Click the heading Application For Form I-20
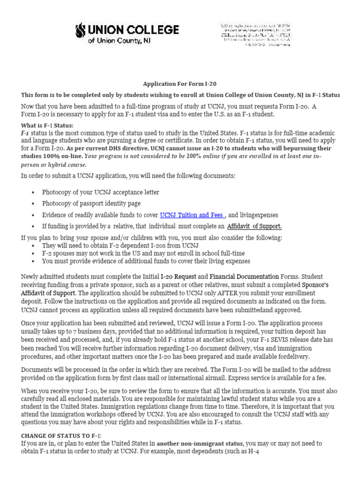(x=180, y=84)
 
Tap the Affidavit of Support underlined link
(x=254, y=226)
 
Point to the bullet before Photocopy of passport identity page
(x=32, y=204)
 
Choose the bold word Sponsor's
(x=315, y=284)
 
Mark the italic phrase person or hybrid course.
(x=54, y=165)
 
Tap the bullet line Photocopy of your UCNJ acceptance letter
(x=100, y=192)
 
